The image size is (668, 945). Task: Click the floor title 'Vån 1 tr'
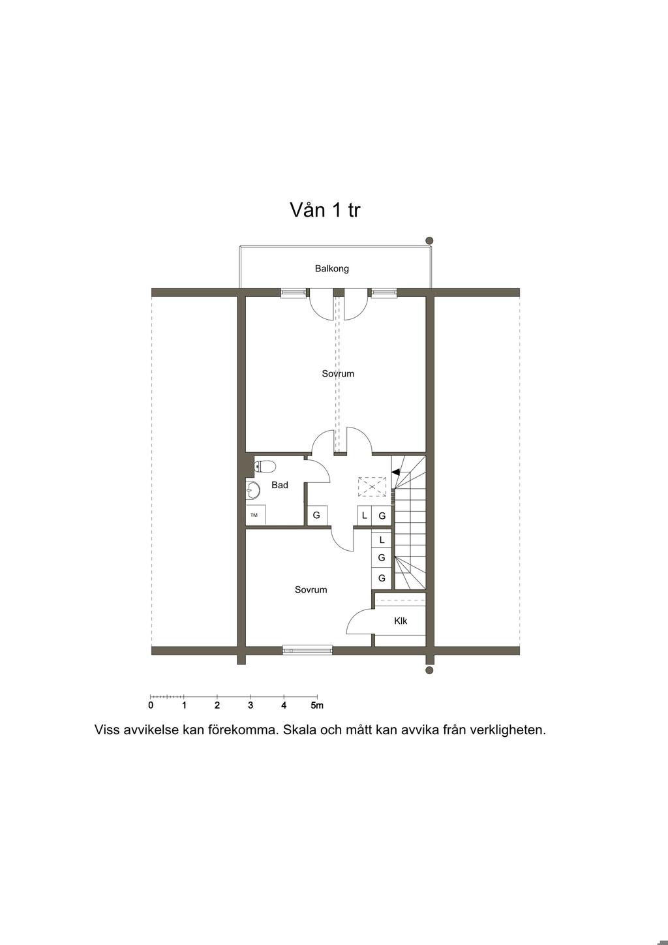pos(325,210)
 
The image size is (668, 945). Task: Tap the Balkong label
pos(331,268)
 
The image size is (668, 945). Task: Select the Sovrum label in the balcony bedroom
pos(338,374)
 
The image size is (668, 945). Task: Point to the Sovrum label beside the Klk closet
pos(311,590)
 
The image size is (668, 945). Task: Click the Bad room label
pos(280,485)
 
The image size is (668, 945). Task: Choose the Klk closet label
pos(401,621)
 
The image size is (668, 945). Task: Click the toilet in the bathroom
pos(266,466)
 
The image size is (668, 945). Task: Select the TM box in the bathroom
pos(255,515)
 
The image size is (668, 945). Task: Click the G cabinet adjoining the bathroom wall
pos(316,516)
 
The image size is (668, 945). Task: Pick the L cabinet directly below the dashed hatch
pos(364,516)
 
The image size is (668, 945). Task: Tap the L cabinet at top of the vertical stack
pos(382,540)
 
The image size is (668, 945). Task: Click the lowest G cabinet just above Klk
pos(382,578)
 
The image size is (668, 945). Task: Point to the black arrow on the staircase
pos(395,472)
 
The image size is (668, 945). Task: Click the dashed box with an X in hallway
pos(372,487)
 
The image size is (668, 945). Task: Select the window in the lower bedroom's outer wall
pos(307,649)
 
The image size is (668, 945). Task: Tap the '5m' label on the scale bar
pos(317,705)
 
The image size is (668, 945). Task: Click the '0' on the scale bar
pos(151,705)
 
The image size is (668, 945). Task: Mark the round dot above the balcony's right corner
pos(429,241)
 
